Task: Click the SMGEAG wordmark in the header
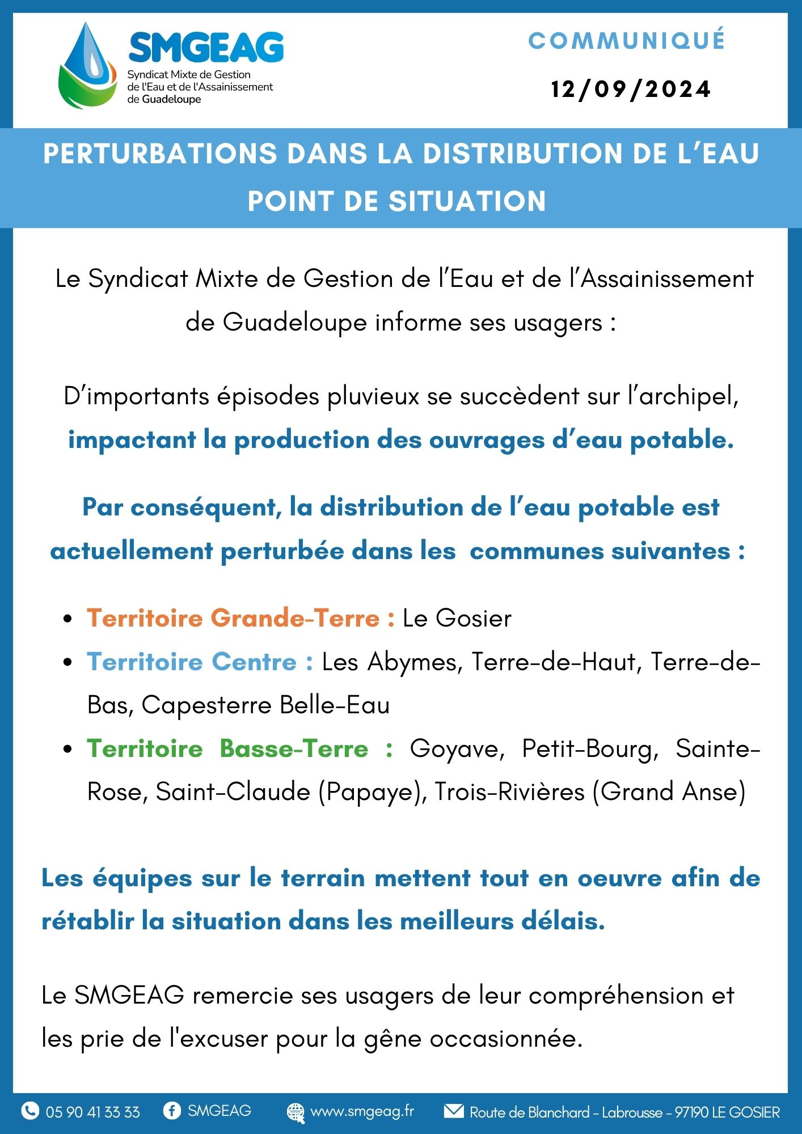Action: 206,47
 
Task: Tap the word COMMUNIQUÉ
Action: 627,40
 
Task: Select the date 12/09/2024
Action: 631,90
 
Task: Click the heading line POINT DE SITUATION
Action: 397,201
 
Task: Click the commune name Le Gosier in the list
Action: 457,618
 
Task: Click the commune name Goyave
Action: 457,749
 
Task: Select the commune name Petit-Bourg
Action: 590,749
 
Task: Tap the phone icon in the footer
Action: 30,1110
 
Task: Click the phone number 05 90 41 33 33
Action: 93,1112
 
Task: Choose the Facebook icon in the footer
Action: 172,1110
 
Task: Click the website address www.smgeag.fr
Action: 362,1111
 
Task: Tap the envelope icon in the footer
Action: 453,1110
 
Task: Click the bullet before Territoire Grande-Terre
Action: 68,619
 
